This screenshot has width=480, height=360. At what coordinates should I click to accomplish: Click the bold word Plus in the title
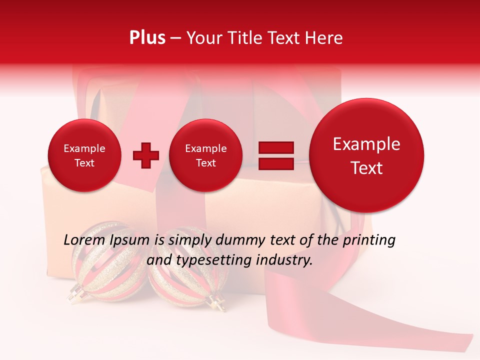(x=147, y=38)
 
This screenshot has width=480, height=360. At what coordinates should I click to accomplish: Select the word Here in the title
(x=325, y=38)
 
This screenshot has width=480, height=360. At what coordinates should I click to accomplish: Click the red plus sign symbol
(x=146, y=155)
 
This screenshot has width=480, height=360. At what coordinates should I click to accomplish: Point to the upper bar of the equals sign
(x=276, y=148)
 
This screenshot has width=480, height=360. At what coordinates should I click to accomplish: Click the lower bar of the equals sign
(x=276, y=164)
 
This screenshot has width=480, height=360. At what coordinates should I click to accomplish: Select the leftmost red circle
(x=84, y=155)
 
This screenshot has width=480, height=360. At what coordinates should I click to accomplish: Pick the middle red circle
(x=205, y=155)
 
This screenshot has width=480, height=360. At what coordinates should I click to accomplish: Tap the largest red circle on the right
(x=366, y=155)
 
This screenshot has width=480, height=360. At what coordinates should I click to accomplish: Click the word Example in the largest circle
(x=366, y=144)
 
